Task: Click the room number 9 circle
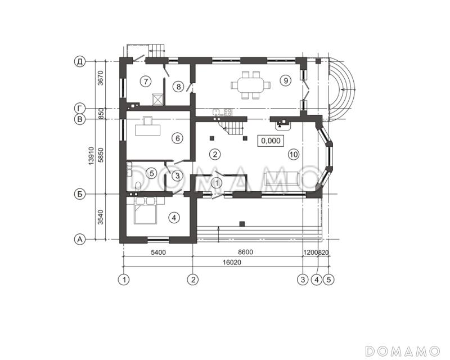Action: pos(286,80)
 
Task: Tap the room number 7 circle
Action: pos(146,82)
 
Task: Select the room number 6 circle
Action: pos(177,138)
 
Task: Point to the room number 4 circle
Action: pos(174,218)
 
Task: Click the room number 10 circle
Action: pos(294,155)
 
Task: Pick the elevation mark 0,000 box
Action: pos(271,141)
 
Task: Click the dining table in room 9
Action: pos(250,85)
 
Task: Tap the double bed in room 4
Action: pos(146,210)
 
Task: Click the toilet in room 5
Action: pos(138,186)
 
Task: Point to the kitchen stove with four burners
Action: pos(228,112)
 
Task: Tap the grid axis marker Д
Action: pos(80,61)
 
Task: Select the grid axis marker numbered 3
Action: pos(303,280)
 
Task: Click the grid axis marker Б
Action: pos(80,194)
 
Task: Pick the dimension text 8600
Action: pos(246,253)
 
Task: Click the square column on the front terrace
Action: pos(242,224)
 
